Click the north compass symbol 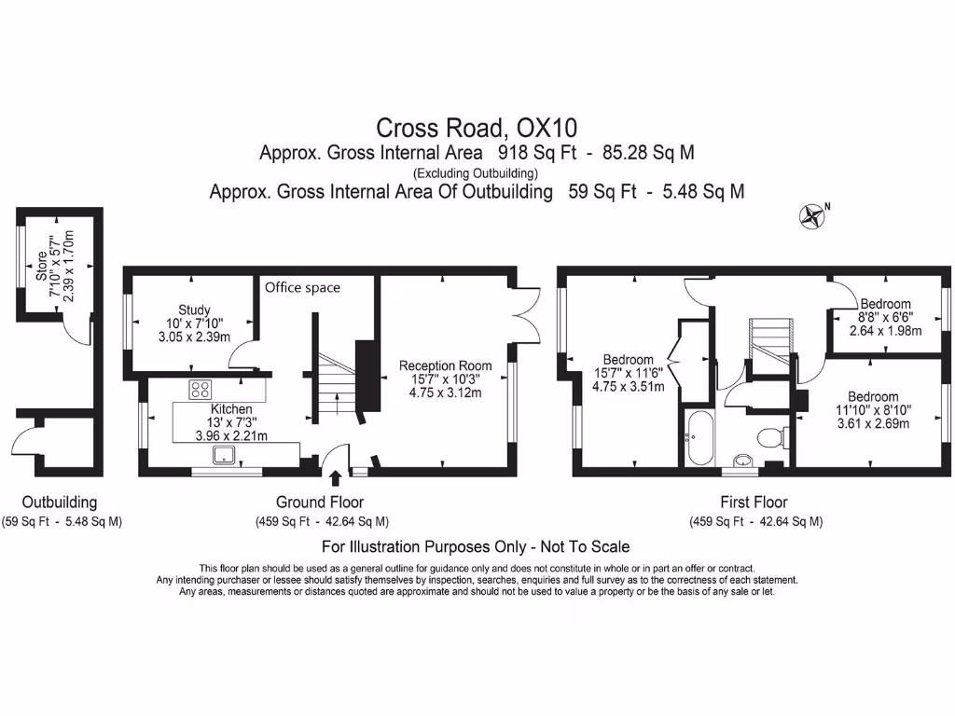pos(812,216)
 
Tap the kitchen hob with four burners pos(201,389)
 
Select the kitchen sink pos(226,455)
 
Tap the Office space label pos(302,287)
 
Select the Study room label pos(194,310)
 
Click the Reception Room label pos(445,365)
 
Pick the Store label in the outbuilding pos(42,266)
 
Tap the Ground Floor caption pos(320,503)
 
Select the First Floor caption pos(754,503)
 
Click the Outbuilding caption pos(60,503)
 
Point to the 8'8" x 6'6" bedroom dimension pos(885,316)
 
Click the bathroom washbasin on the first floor pos(743,460)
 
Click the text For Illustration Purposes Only pos(476,546)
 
